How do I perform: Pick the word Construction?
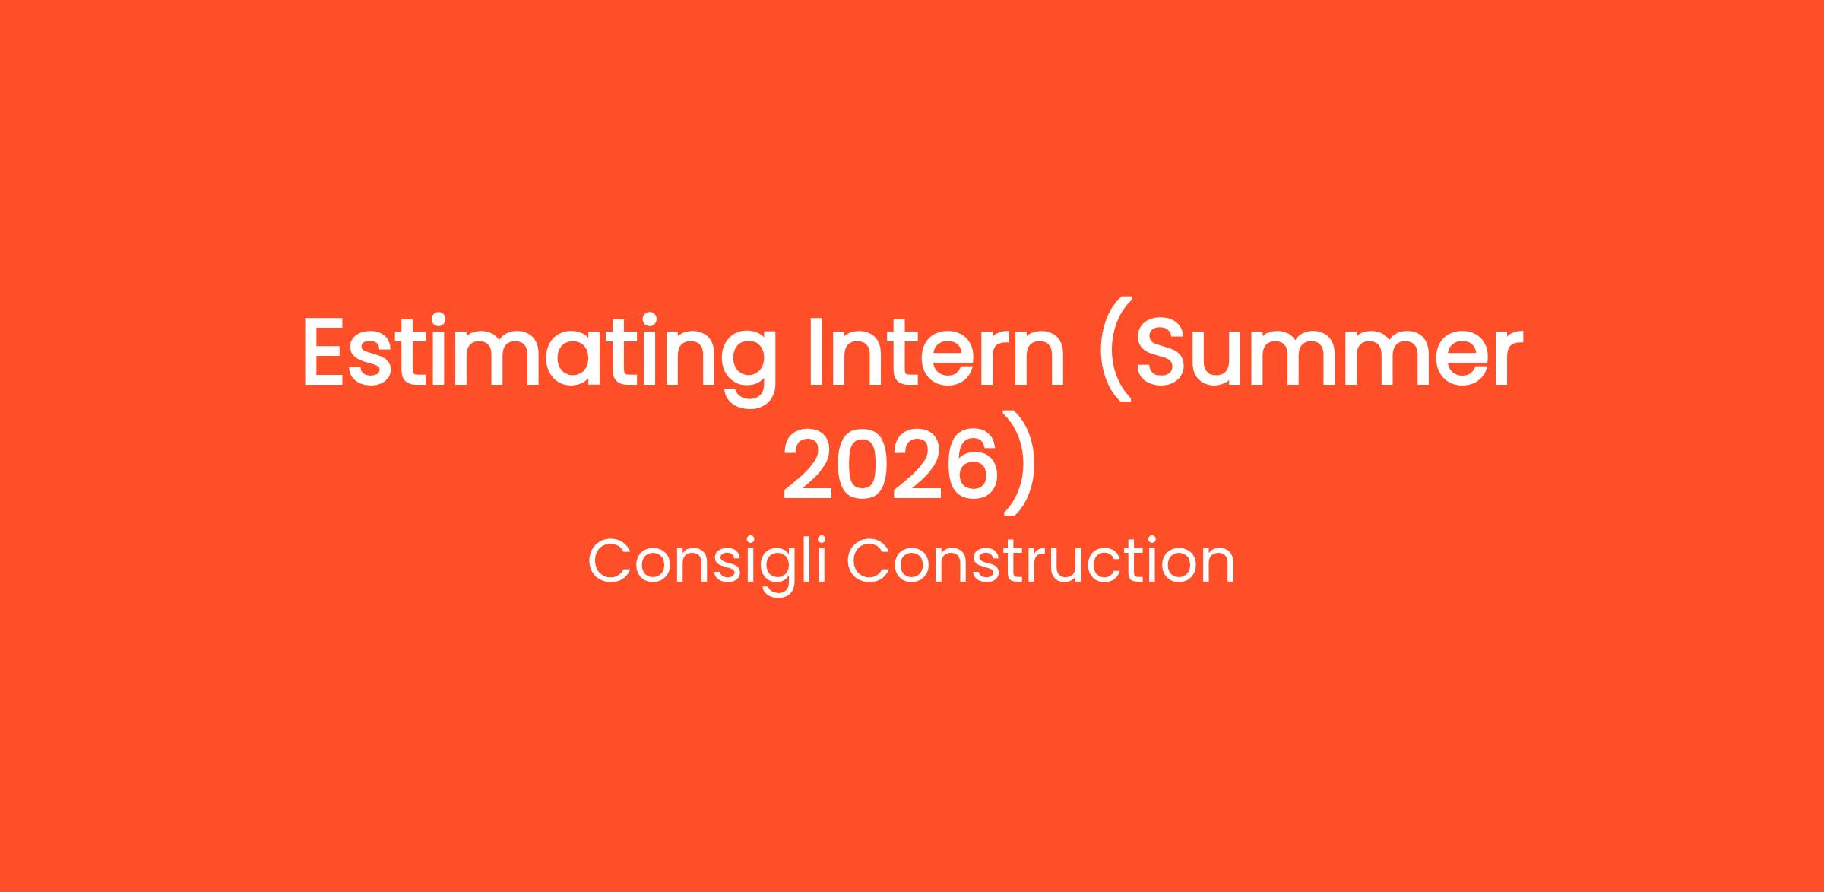[x=1040, y=561]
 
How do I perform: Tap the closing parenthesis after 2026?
[x=1019, y=464]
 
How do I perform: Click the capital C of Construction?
[x=869, y=561]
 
